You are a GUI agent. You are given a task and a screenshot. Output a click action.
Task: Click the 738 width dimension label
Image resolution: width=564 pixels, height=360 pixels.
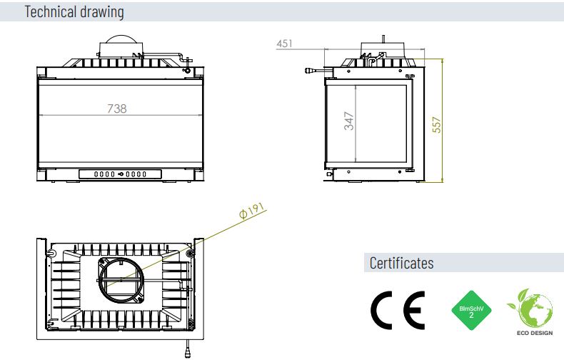coord(117,109)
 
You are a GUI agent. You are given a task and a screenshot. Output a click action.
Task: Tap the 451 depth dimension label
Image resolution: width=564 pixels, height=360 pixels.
coord(284,44)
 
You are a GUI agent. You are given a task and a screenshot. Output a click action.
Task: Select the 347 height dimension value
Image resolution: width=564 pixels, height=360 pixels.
coord(349,121)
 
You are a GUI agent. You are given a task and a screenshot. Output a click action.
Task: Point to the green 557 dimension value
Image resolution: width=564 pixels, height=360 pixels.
coord(436,124)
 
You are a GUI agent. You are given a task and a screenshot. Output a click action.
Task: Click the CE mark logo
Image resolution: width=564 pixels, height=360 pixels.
coord(398,310)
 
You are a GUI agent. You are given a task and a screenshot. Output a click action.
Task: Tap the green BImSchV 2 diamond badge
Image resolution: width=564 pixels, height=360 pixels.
coord(471,310)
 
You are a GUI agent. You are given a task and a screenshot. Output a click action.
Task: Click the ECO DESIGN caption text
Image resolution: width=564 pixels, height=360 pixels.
coord(535,333)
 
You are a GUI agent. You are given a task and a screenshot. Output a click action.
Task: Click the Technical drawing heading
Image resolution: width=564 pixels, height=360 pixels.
coord(74,11)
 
